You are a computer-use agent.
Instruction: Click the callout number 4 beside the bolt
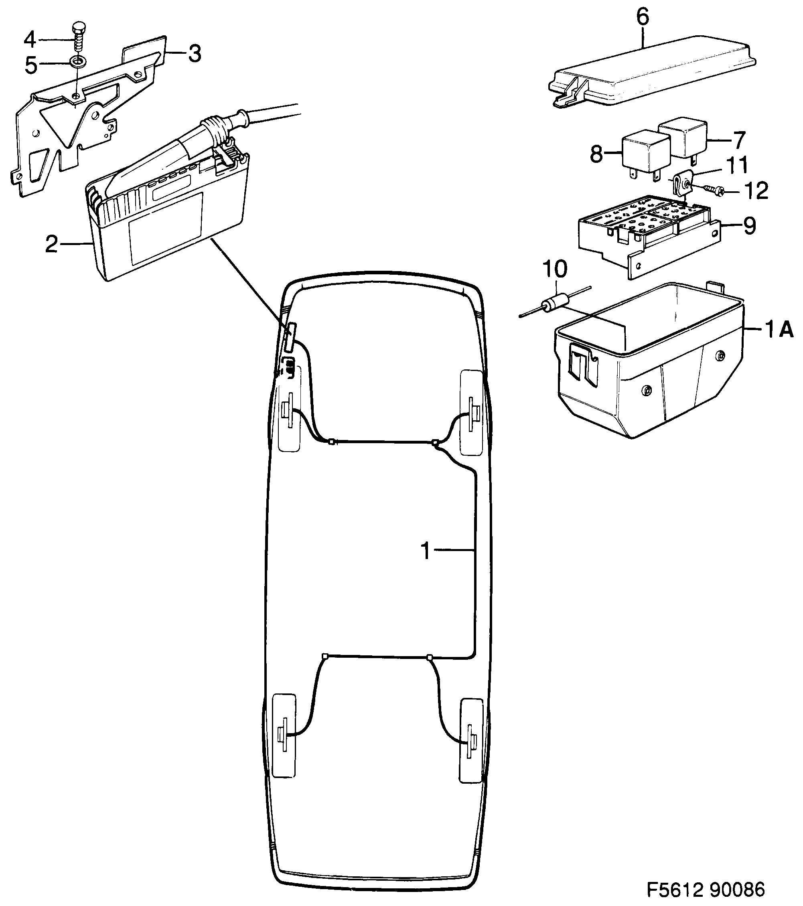30,39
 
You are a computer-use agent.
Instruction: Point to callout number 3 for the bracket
194,54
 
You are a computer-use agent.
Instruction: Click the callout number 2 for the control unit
51,244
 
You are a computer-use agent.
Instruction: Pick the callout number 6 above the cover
643,17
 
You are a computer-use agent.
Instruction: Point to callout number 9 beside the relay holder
749,226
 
